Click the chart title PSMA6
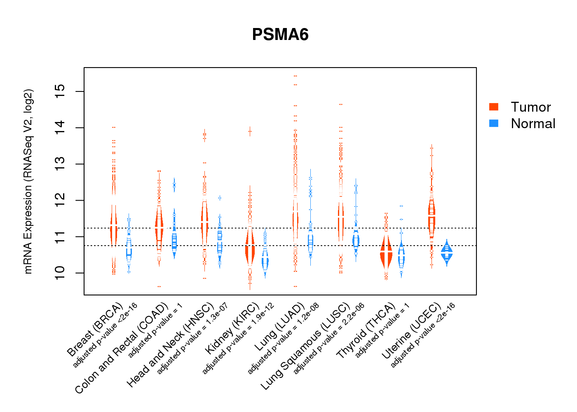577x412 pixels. click(280, 35)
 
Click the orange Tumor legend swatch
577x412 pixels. click(494, 107)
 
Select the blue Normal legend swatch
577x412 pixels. click(494, 123)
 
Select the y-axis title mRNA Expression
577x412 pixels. click(28, 181)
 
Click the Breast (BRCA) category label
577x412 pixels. click(95, 330)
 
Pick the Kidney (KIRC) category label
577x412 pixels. click(232, 328)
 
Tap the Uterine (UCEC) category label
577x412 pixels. click(412, 331)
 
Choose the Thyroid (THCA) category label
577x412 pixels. click(366, 331)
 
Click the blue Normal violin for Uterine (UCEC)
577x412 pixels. click(446, 253)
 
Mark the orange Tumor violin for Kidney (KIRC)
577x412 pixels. click(250, 247)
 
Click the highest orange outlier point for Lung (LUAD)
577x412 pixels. click(295, 76)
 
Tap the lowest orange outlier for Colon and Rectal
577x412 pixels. click(159, 286)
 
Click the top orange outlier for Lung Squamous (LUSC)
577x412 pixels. click(341, 104)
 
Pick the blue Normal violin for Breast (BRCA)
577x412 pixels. click(129, 249)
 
